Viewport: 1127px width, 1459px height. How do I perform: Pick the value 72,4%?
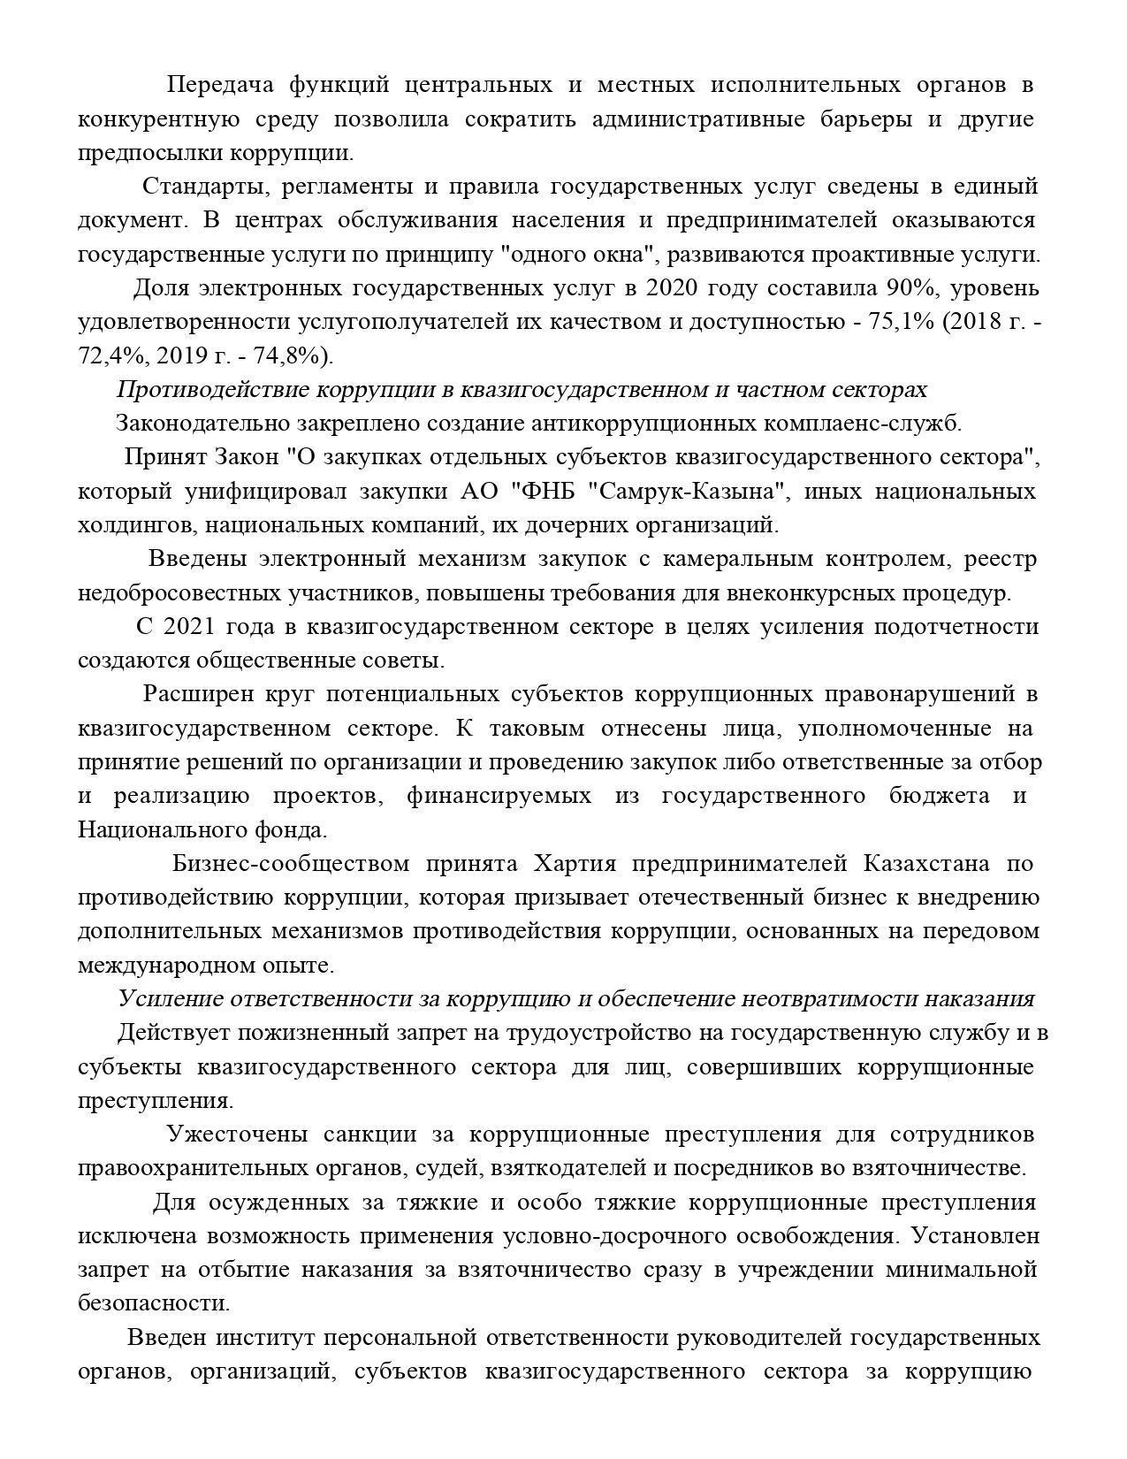click(110, 355)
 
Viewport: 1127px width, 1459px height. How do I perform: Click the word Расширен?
click(197, 694)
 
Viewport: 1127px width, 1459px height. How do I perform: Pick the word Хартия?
click(575, 863)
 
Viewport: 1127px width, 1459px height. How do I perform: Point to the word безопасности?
click(153, 1303)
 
